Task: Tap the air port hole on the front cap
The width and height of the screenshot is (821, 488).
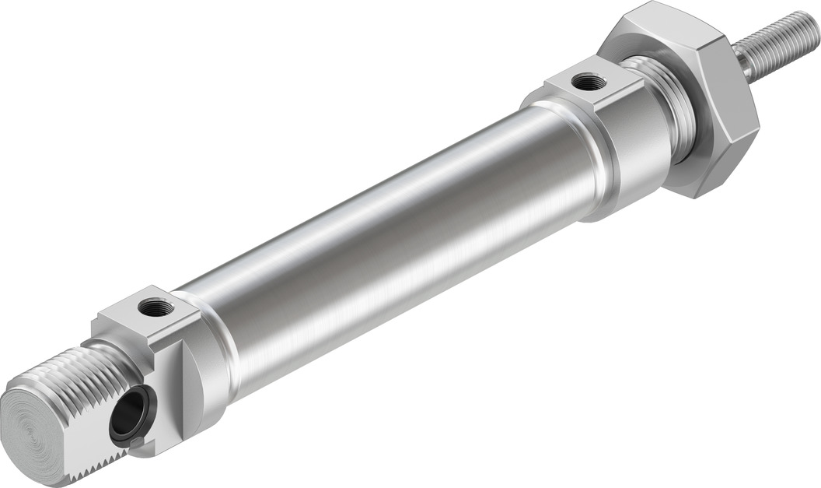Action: (x=588, y=81)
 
